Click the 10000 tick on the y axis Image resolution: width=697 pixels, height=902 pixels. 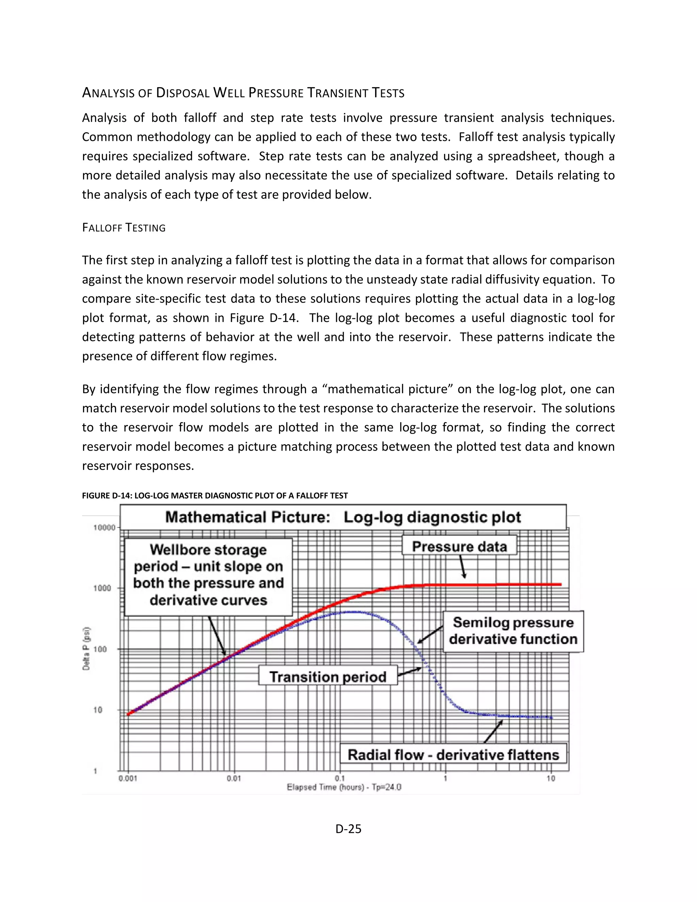coord(104,527)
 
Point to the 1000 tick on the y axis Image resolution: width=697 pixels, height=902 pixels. coord(102,588)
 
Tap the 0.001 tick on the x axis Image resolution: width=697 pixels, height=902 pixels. coord(128,778)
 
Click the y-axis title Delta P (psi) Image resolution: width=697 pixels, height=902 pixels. coord(86,648)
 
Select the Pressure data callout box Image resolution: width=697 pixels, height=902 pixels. coord(459,546)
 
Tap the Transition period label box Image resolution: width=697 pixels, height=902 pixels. coord(328,677)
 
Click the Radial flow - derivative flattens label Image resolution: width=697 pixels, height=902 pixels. coord(453,755)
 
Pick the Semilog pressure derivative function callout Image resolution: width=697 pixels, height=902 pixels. coord(513,631)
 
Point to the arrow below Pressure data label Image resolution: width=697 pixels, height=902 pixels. coord(463,567)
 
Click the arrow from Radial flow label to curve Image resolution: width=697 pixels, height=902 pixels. coord(493,731)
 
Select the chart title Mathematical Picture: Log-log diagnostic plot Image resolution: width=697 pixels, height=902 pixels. coord(343,517)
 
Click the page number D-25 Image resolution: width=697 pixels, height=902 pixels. coord(348,829)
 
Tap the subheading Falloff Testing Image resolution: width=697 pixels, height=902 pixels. coord(124,228)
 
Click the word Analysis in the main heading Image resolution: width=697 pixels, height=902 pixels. coord(109,93)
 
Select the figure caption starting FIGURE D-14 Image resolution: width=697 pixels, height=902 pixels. coord(215,496)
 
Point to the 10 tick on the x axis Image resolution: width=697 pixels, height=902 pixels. coord(551,778)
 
